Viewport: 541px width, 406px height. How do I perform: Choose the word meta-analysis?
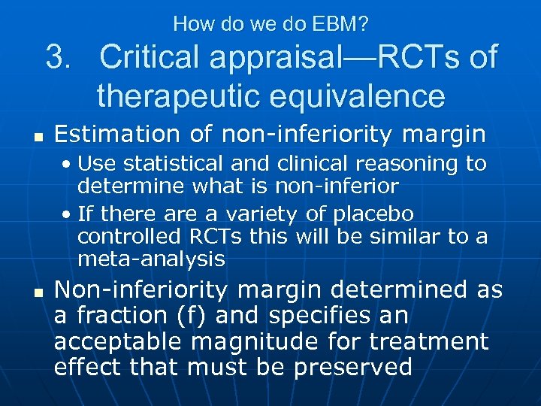coord(151,259)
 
